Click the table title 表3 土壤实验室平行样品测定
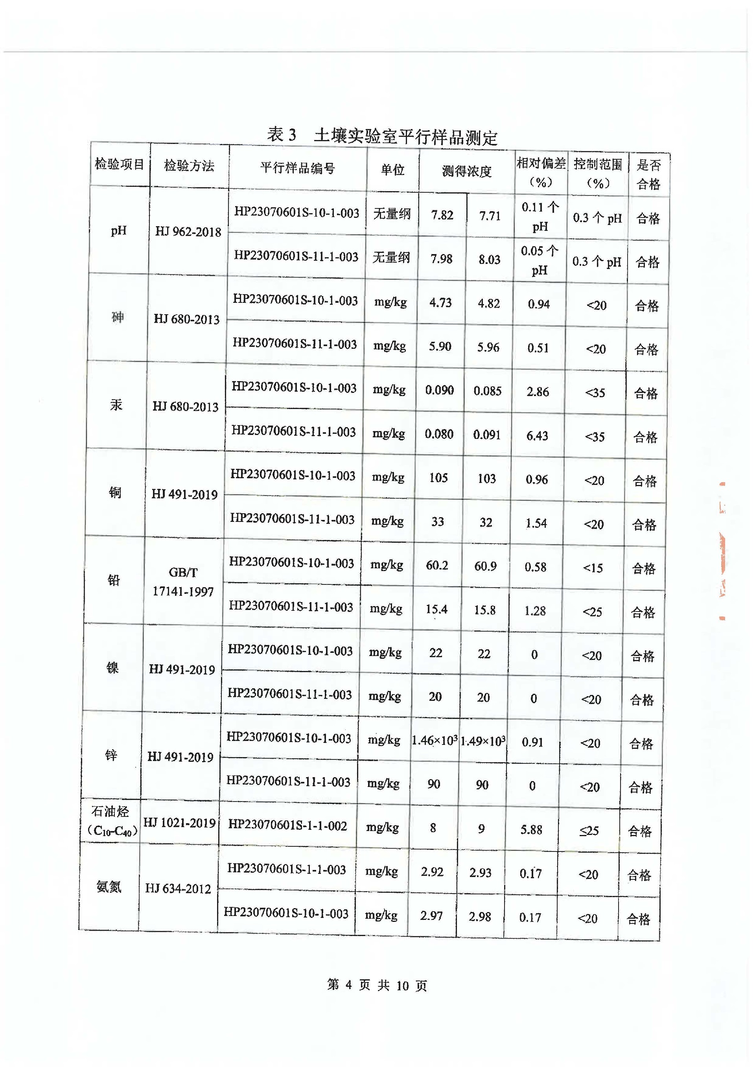(x=382, y=135)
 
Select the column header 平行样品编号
(x=298, y=168)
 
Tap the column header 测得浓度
(x=466, y=171)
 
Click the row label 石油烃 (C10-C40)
(x=110, y=821)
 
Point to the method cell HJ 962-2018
(x=188, y=232)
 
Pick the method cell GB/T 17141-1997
(x=183, y=582)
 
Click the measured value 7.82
(x=442, y=215)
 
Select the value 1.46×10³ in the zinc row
(x=434, y=740)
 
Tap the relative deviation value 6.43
(x=537, y=436)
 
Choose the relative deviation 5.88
(x=531, y=829)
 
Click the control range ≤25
(x=589, y=831)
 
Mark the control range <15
(x=593, y=568)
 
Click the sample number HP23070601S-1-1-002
(x=287, y=826)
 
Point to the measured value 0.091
(x=487, y=435)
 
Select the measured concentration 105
(x=438, y=477)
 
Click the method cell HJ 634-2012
(x=178, y=888)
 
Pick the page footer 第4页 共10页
(x=377, y=985)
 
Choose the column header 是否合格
(x=648, y=174)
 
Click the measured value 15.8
(x=484, y=610)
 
